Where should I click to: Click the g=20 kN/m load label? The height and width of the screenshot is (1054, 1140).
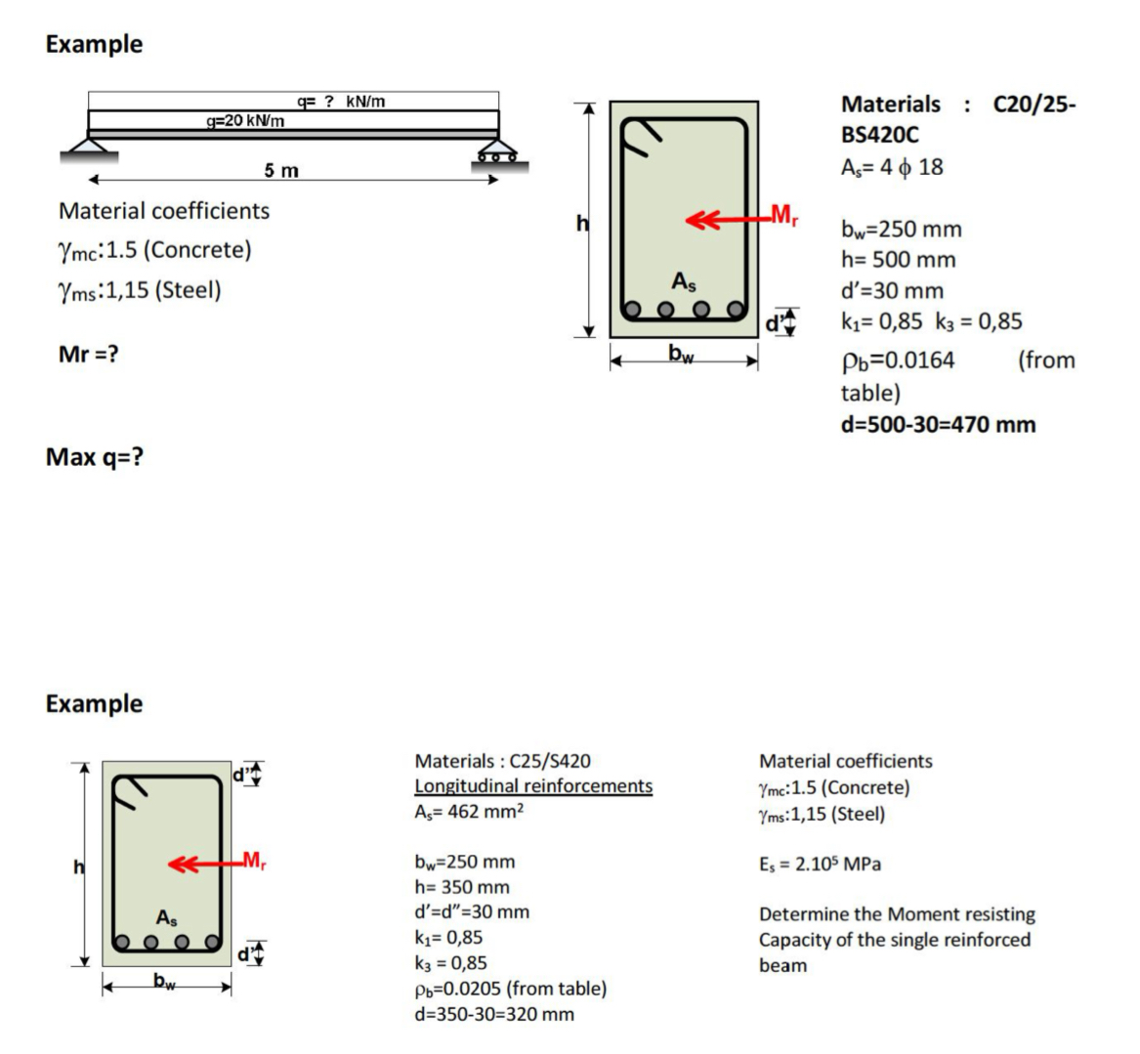coord(245,120)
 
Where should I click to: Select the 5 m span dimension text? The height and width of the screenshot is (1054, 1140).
coord(281,171)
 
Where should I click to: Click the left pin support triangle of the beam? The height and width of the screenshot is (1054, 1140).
coord(89,148)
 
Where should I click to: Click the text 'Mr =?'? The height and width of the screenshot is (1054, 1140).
coord(89,354)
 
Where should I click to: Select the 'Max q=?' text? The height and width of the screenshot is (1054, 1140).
coord(95,456)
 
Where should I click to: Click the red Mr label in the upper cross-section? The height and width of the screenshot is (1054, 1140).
coord(783,215)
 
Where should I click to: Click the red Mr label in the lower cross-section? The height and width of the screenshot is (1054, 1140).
coord(253,861)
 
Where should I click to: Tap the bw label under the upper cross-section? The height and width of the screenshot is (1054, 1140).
coord(682,353)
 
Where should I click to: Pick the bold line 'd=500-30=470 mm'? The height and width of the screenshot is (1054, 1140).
coord(938,424)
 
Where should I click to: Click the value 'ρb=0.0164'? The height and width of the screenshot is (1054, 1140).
coord(898,360)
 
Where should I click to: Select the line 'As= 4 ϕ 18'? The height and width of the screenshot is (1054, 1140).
coord(892,167)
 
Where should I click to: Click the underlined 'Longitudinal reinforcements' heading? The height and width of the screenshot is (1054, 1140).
coord(533,785)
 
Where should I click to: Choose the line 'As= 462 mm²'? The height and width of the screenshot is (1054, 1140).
coord(470,811)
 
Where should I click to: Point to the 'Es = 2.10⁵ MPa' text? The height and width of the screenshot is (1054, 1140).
coord(820,864)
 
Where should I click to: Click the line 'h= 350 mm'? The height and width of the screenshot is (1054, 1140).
coord(462,887)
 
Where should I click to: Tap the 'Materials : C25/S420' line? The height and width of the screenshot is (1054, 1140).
coord(502,760)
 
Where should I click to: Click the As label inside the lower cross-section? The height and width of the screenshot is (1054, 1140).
coord(167,917)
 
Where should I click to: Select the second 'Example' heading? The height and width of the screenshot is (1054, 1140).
coord(94,703)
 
